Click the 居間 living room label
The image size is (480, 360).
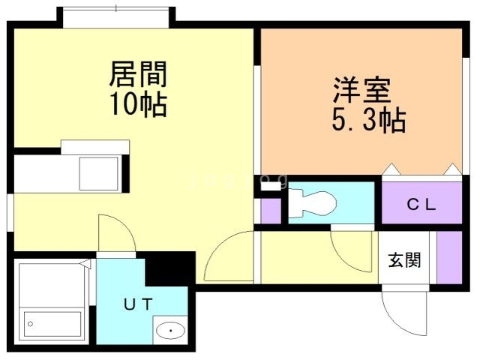click(138, 75)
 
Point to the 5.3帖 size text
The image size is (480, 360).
click(368, 120)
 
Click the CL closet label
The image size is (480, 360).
click(421, 204)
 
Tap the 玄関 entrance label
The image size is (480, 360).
click(404, 260)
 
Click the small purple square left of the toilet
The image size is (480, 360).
click(270, 211)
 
